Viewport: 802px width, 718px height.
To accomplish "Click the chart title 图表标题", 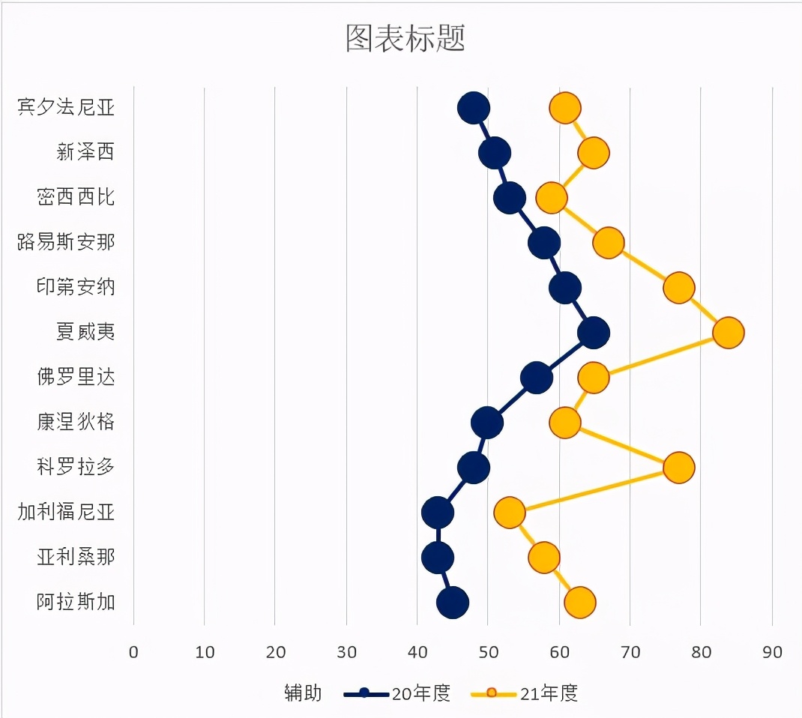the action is click(405, 38).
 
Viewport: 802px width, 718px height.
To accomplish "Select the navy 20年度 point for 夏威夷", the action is click(594, 333).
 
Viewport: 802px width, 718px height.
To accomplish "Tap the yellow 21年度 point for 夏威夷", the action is click(729, 333).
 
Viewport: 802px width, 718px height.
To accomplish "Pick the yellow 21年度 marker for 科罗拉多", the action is click(679, 468).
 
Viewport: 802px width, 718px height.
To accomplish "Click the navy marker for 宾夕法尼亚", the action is click(474, 109).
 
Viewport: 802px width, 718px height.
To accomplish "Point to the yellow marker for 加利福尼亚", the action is click(510, 513).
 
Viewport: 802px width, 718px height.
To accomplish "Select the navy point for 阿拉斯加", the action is click(453, 603).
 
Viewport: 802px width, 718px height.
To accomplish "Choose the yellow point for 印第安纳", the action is click(679, 288).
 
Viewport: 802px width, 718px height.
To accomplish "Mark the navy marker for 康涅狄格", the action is click(487, 423).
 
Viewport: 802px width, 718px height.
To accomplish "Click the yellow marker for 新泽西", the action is click(594, 153).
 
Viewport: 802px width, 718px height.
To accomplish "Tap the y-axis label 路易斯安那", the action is click(66, 242).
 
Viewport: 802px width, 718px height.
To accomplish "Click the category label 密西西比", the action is click(76, 197).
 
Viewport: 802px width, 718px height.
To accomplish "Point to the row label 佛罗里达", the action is click(76, 377).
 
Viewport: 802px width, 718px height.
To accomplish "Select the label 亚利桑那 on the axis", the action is click(76, 557).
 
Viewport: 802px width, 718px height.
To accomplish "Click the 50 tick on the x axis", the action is click(489, 653).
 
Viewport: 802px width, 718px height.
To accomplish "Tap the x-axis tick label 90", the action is click(772, 653).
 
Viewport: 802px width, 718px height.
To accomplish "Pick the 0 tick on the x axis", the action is click(133, 653).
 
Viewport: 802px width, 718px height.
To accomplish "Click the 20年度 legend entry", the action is click(397, 693).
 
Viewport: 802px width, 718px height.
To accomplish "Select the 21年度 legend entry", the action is click(524, 693).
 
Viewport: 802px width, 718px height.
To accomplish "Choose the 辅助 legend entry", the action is click(303, 693).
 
